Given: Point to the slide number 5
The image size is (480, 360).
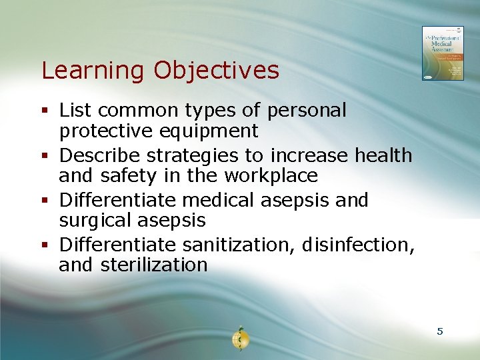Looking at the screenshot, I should tap(440, 331).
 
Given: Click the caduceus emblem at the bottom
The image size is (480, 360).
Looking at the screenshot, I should tap(239, 339).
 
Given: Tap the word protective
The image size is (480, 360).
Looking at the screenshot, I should tap(105, 131).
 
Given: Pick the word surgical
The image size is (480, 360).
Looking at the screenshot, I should tap(99, 221).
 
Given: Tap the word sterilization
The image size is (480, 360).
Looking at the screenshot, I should tap(154, 265).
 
